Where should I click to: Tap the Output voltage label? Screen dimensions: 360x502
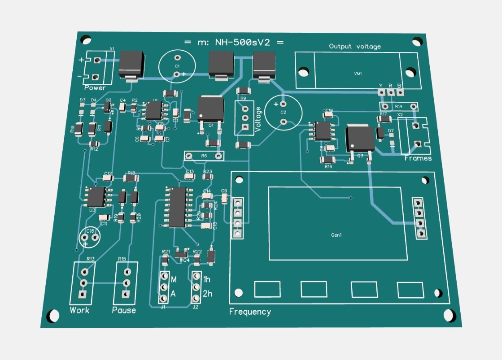tap(354, 46)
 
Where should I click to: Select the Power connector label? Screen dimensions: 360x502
tap(95, 88)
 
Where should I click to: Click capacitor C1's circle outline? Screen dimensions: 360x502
tap(177, 66)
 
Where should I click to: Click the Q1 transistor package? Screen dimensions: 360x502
tap(210, 109)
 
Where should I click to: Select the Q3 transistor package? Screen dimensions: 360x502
tap(359, 139)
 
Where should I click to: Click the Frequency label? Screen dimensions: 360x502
tap(250, 312)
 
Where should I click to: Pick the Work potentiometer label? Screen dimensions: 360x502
tap(79, 310)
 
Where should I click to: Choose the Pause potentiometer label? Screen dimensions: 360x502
tap(124, 310)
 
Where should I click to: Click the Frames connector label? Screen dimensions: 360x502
tap(418, 158)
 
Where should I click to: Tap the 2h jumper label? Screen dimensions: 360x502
tap(208, 294)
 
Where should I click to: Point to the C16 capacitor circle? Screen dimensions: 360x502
tap(89, 237)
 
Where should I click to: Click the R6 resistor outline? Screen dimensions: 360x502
tap(204, 156)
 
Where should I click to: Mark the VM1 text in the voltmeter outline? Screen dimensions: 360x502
tap(358, 73)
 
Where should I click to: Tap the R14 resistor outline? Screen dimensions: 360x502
tap(399, 106)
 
